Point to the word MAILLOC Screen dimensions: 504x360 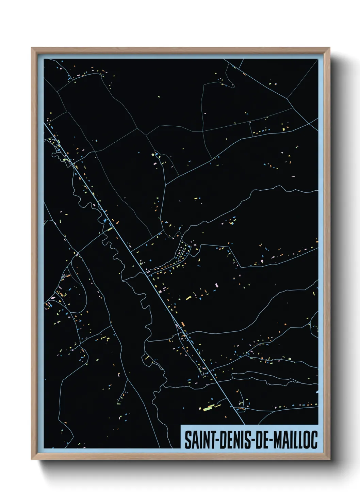(295, 440)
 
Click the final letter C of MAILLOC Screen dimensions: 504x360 (314, 440)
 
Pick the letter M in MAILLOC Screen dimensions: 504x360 (277, 440)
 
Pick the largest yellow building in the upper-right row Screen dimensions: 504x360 (284, 129)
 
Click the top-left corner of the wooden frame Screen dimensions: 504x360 (32, 48)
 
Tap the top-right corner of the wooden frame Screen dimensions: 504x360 (330, 48)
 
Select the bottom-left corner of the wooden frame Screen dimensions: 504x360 (32, 459)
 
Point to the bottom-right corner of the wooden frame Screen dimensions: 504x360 (330, 459)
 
